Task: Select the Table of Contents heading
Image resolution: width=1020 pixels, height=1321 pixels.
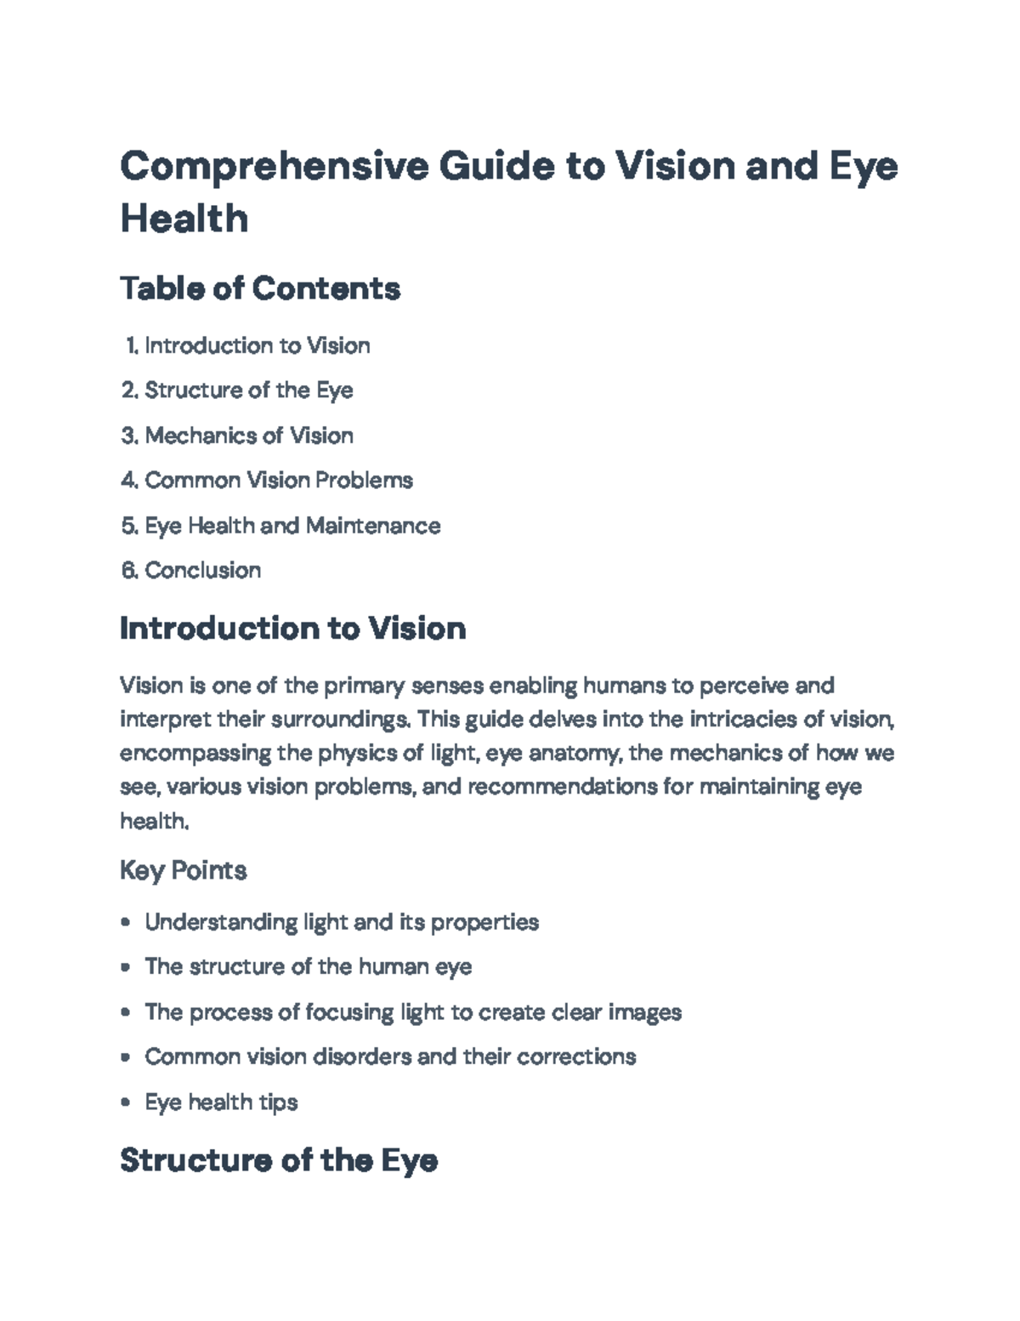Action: [261, 288]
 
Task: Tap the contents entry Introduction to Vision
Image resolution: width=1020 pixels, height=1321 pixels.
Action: [258, 345]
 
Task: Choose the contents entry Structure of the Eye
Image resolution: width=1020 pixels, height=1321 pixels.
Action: [249, 390]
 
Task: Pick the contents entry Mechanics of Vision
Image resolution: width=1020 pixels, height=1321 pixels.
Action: [249, 436]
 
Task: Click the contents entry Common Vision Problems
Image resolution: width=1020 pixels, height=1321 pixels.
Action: [279, 481]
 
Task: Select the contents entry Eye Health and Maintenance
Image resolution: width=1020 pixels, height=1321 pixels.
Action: [292, 525]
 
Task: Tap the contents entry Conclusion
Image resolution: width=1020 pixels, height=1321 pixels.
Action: [203, 570]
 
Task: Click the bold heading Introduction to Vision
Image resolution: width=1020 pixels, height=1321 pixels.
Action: [293, 628]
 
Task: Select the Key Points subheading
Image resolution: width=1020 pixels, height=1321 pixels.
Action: [184, 870]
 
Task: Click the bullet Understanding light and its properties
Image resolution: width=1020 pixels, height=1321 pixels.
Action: [342, 922]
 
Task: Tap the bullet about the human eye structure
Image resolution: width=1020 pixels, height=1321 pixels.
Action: [309, 967]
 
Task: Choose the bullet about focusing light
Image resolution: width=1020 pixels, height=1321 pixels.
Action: [413, 1012]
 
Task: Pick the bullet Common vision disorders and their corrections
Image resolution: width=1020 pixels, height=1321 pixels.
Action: [391, 1056]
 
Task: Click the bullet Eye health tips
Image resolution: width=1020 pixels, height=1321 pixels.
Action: [221, 1102]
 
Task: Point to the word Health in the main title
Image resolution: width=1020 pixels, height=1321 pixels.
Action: [184, 219]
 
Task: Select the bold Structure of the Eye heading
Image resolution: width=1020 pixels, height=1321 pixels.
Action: [280, 1160]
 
